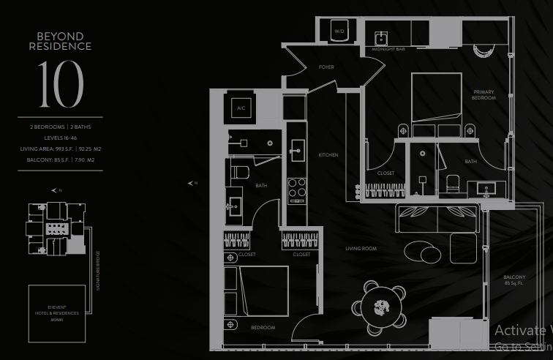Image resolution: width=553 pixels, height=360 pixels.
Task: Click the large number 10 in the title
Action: (61, 83)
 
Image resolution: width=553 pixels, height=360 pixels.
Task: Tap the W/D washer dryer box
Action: (339, 32)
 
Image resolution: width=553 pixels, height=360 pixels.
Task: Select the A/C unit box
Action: (241, 108)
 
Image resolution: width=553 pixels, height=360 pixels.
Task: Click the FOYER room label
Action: (326, 67)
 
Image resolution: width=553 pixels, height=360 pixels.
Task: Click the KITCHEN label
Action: (328, 155)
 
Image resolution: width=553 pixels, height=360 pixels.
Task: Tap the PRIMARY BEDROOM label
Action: (484, 95)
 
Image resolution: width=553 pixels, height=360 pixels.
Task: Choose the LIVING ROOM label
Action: (361, 249)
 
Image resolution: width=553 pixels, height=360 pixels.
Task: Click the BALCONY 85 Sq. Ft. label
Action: (514, 280)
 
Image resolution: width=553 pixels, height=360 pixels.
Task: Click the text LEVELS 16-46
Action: (61, 138)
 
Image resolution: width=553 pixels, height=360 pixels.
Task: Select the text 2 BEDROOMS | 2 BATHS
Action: (61, 127)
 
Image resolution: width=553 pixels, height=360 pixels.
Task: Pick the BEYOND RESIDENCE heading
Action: (61, 41)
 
